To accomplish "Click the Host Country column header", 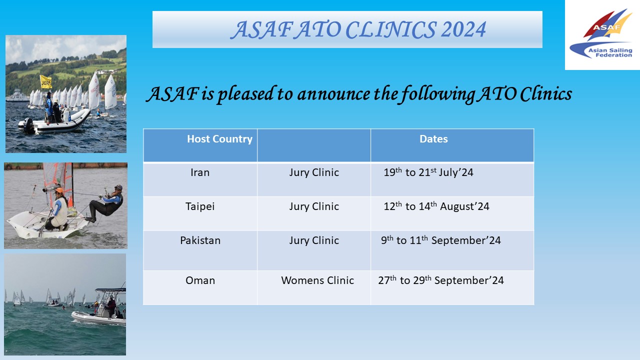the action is (x=219, y=139).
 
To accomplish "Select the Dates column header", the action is (x=433, y=139).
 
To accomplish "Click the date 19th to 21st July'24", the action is (x=428, y=172).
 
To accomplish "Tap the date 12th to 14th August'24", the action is (x=436, y=206).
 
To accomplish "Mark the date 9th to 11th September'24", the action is (x=441, y=240).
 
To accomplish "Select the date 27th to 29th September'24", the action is (x=441, y=280).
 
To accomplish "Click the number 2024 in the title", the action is (x=463, y=29).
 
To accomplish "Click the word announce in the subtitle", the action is (x=333, y=94).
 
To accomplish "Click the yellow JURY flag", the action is (x=45, y=82).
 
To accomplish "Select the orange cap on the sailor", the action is (x=59, y=190).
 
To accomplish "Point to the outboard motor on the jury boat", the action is (x=28, y=125).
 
